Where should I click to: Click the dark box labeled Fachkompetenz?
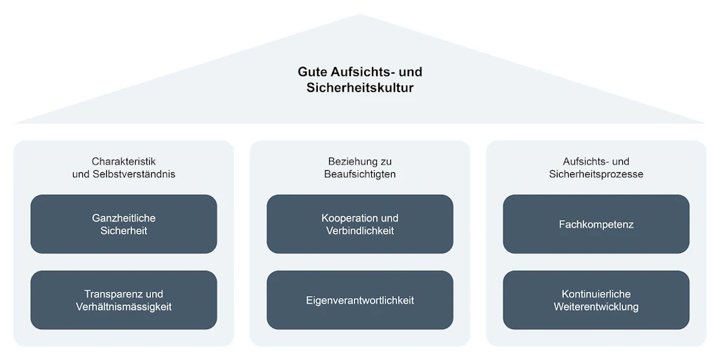(x=596, y=224)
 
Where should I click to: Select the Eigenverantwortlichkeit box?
(x=360, y=300)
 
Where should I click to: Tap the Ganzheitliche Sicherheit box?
(x=124, y=224)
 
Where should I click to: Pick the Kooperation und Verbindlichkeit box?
(x=360, y=224)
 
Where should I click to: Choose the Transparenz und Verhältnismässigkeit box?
(x=124, y=300)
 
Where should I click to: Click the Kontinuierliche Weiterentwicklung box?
(x=596, y=300)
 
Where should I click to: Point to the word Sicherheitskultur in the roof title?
(x=360, y=88)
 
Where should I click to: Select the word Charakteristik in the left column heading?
(x=124, y=162)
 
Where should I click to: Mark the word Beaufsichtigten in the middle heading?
(x=360, y=174)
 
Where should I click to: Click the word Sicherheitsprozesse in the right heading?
(x=596, y=174)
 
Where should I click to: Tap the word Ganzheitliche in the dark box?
(x=124, y=218)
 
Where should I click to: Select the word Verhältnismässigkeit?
(x=124, y=307)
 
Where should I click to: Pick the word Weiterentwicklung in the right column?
(x=596, y=307)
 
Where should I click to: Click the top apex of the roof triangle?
(x=360, y=14)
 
